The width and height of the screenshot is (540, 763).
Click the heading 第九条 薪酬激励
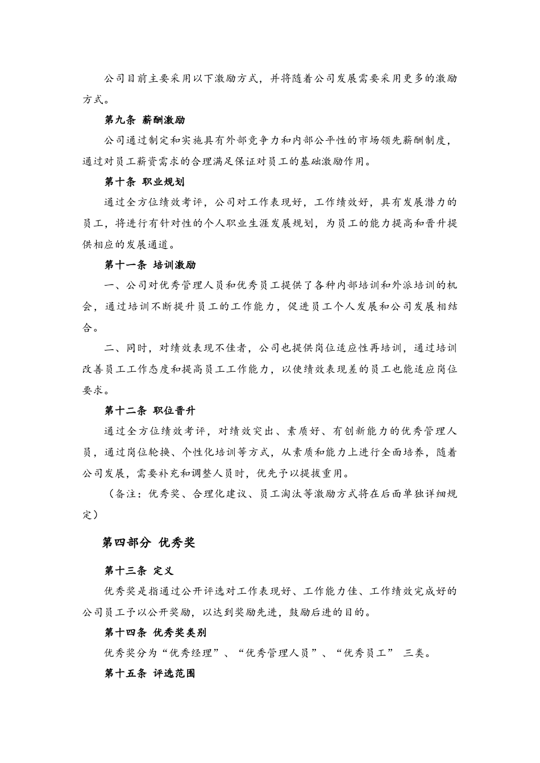point(144,120)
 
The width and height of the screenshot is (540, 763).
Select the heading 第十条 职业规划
point(144,182)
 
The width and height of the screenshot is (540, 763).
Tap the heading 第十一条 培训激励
point(150,265)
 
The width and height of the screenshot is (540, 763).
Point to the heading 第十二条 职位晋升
point(150,410)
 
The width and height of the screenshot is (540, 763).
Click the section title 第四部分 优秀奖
point(148,543)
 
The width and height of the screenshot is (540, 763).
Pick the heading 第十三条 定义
point(139,571)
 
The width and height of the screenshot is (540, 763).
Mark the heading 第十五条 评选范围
point(150,673)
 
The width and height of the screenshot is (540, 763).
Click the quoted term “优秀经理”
point(195,653)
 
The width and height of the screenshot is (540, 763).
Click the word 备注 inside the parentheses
point(126,494)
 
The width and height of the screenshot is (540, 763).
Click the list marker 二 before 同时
point(109,348)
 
